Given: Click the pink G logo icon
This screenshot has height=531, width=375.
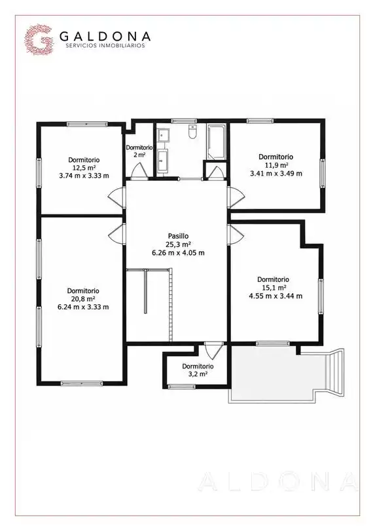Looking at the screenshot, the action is coord(39,39).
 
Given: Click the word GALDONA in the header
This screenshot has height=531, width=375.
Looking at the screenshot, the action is coord(105,36).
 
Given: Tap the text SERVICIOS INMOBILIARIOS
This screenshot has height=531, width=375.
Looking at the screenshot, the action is coord(103,45).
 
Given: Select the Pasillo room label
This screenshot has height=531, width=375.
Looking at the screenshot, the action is coord(178,236).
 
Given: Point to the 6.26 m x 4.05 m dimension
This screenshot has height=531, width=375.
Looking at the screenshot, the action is coord(178,252).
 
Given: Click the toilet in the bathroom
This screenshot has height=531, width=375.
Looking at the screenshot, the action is coord(192,132).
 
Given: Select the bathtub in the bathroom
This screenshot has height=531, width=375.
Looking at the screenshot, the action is coord(217,142).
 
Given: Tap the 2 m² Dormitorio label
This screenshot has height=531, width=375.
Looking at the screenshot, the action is coord(139,151).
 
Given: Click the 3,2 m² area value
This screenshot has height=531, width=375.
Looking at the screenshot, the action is coord(198,374).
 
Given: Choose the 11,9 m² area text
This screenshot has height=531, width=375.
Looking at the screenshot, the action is coord(276,165).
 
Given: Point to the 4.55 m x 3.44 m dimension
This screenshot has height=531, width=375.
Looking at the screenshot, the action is coord(276,296).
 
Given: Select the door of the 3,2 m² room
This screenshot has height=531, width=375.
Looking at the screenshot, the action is coord(214,351).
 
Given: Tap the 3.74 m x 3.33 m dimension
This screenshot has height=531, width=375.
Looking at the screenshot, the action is coord(84,176).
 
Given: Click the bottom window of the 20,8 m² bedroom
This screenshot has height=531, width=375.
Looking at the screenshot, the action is coord(82,383).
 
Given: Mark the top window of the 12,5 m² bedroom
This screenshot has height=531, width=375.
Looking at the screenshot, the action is coord(87,124).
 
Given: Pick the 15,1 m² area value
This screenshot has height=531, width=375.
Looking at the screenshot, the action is coord(274,288).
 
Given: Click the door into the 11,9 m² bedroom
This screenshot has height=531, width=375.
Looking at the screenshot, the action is coord(236,198).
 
